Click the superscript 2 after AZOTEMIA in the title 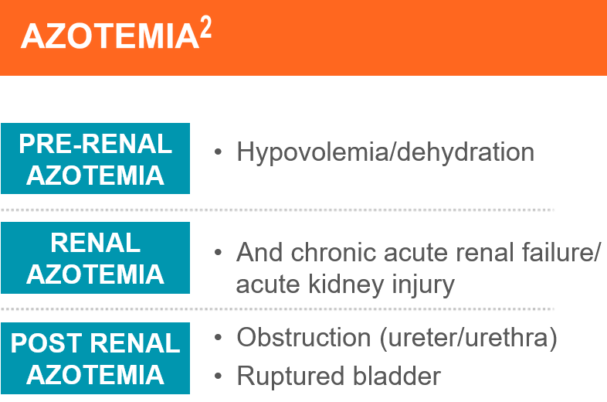[206, 27]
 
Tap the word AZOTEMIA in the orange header [110, 36]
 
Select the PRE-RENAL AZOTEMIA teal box [95, 158]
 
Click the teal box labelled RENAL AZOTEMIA [95, 257]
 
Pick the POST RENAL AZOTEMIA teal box [95, 358]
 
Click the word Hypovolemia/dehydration [385, 152]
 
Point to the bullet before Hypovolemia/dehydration [218, 152]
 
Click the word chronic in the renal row [334, 252]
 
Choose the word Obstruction [304, 337]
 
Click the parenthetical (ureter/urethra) [469, 338]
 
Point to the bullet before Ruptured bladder [218, 376]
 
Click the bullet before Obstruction [218, 337]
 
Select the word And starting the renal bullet [259, 252]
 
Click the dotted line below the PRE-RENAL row [277, 210]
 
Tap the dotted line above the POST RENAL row [277, 309]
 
